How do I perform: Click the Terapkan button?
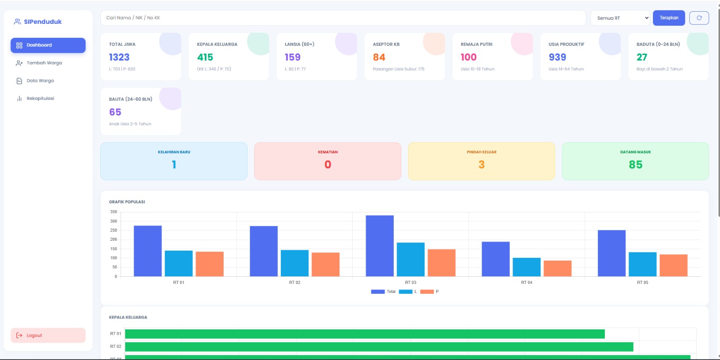point(669,18)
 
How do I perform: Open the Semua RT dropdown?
point(620,18)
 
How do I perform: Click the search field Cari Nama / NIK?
point(342,18)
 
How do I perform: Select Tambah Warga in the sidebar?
point(44,63)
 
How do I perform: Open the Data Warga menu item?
point(40,81)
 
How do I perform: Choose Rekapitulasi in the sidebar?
point(40,99)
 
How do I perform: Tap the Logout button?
point(48,335)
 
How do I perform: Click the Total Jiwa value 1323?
point(119,57)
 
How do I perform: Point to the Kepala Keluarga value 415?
point(205,57)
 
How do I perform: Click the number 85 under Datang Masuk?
point(635,165)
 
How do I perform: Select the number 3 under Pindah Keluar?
point(481,165)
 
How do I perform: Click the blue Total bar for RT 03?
point(379,246)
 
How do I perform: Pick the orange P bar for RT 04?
point(557,268)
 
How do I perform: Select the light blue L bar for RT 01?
point(179,263)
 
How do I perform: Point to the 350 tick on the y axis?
point(113,212)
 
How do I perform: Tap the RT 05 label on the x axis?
point(642,283)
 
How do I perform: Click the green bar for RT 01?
point(364,334)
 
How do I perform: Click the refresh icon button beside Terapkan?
point(699,18)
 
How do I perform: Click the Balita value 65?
point(115,112)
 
